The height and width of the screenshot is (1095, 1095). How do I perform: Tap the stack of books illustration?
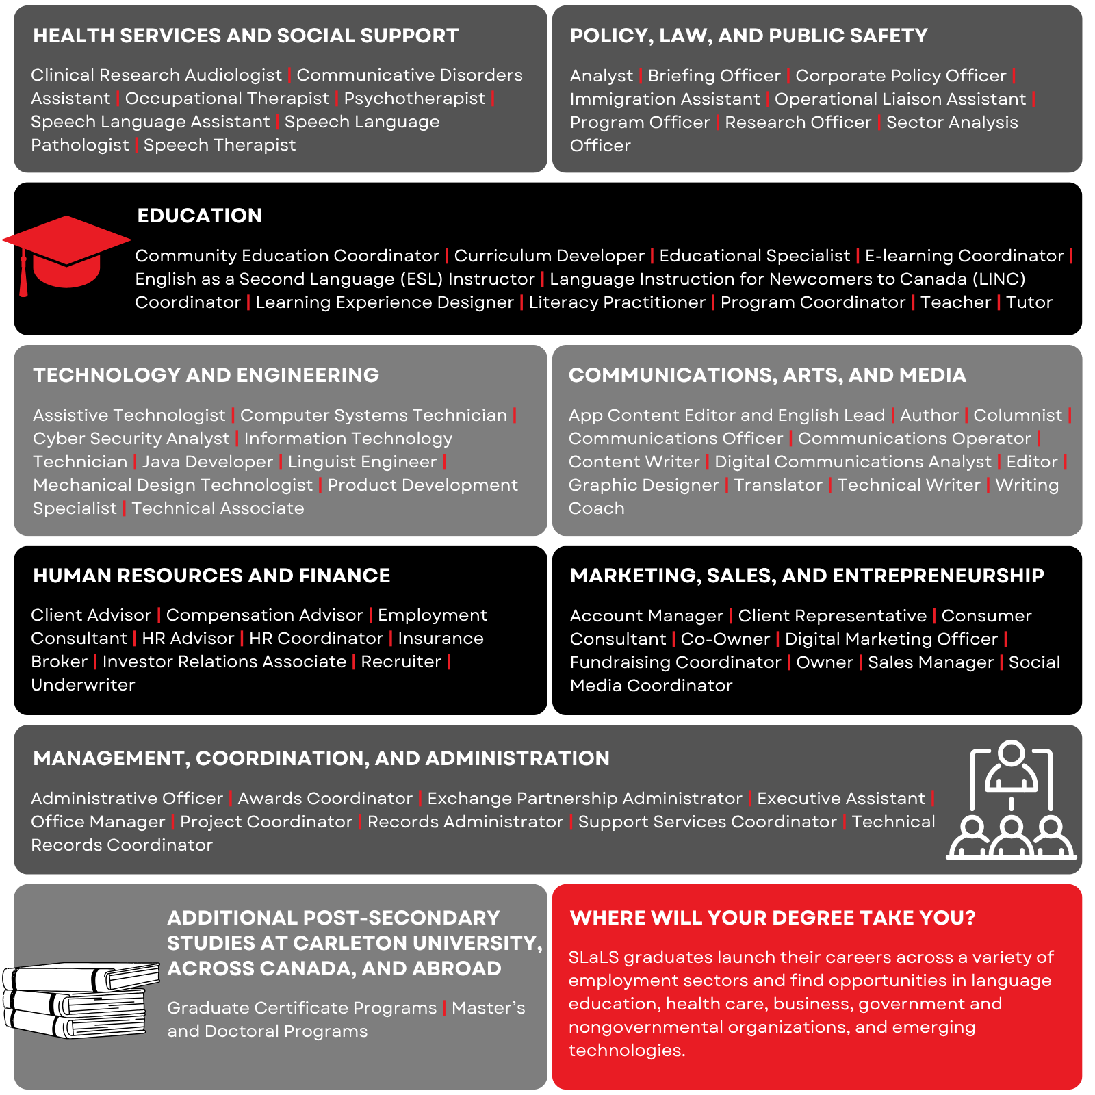79,999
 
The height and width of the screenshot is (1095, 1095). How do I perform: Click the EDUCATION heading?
199,216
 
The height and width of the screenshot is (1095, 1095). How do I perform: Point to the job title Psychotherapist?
414,99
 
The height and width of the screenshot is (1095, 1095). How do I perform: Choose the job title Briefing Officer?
714,76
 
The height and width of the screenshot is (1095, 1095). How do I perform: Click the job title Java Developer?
207,462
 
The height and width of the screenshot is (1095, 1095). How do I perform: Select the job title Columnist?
1018,415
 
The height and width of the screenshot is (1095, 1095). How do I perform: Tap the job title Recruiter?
401,662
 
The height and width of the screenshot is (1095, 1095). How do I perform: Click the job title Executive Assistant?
841,799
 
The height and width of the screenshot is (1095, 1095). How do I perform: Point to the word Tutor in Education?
1029,302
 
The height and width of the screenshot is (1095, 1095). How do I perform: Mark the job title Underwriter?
83,685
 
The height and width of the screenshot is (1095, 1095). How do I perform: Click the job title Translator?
778,485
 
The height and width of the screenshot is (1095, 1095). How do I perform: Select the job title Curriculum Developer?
549,256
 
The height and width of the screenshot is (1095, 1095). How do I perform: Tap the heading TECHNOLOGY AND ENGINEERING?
206,375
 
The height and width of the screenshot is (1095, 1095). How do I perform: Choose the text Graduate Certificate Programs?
302,1008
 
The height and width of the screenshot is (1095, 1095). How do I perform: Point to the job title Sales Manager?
931,662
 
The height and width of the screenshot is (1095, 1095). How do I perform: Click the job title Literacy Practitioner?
617,302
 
